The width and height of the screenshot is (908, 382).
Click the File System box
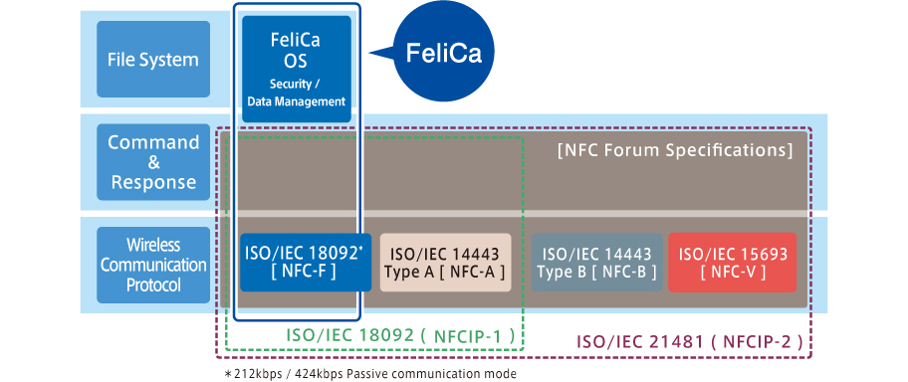coord(153,60)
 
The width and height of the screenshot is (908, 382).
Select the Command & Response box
coord(153,162)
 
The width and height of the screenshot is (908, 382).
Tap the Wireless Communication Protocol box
coord(153,264)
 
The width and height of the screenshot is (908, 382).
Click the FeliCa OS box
coord(297,68)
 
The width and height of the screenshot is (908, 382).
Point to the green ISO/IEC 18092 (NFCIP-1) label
coord(400,336)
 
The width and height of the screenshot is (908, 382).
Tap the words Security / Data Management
coord(297,93)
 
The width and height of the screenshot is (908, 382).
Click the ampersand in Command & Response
coord(153,162)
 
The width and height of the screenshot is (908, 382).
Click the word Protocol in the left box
coord(153,286)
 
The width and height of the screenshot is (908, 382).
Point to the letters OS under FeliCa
coord(297,62)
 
